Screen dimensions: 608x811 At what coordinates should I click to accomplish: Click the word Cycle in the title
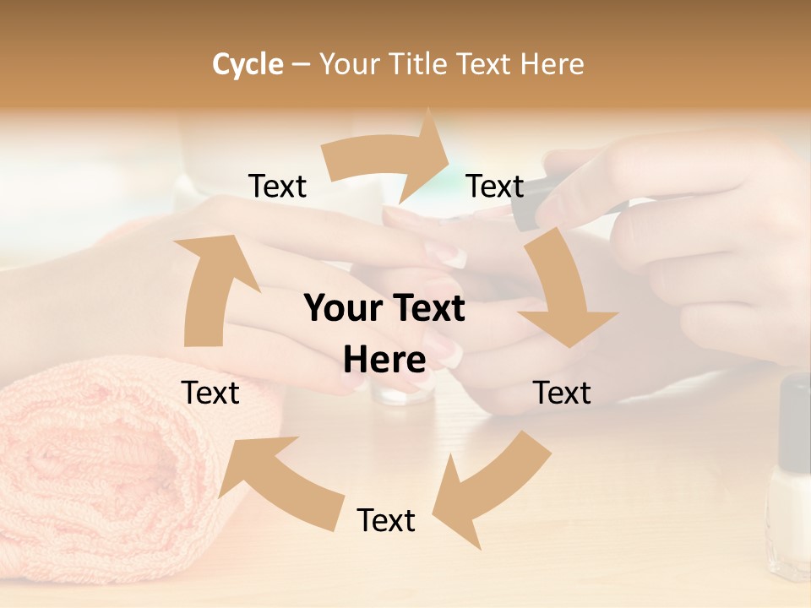248,64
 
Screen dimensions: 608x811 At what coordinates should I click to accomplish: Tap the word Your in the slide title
349,64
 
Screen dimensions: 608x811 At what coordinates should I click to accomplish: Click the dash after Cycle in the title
301,64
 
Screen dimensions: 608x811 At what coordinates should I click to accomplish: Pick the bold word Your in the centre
342,309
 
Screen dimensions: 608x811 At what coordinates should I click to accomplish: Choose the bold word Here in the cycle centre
384,361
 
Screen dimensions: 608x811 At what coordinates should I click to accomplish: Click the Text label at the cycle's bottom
386,520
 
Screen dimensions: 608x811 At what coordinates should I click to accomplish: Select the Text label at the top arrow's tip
495,186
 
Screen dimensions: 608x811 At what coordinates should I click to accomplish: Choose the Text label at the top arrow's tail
277,186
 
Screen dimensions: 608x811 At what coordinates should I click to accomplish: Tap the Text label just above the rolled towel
210,393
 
